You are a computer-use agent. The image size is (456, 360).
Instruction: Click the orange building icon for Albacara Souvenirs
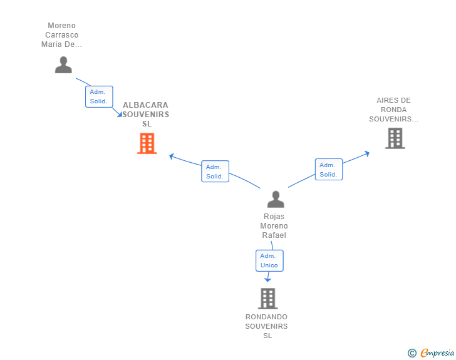coord(147,143)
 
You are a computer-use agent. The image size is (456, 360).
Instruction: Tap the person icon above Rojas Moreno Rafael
coord(276,199)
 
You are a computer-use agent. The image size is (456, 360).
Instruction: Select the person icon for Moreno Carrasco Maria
coord(63,65)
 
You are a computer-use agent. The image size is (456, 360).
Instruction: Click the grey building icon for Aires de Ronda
coord(395,138)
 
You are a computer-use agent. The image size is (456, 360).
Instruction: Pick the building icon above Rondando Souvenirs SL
coord(268,299)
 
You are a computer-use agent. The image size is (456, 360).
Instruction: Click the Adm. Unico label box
coord(269,260)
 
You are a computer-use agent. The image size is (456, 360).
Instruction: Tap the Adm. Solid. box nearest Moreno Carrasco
coord(99,96)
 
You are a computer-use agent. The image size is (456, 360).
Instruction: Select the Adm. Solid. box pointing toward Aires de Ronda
coord(329,170)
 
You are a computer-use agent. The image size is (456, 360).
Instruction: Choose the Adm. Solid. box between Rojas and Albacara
coord(215,172)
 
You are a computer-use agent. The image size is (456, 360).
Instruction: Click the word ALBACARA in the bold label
coord(145,105)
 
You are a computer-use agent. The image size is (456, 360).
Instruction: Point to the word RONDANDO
coord(266,317)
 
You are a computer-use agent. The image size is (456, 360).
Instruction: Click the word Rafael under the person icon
coord(274,235)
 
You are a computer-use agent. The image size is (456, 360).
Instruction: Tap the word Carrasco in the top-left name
coord(61,35)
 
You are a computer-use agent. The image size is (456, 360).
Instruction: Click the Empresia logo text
coord(437,352)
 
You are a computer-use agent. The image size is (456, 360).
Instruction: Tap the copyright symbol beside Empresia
coord(412,353)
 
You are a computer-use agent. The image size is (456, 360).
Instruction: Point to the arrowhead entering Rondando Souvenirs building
coord(267,280)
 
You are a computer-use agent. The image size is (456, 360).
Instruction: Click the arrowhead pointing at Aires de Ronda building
coord(367,153)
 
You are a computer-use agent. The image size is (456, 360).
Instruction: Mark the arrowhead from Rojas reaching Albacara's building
coord(172,157)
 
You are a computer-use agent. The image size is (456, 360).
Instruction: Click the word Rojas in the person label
coord(274,217)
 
